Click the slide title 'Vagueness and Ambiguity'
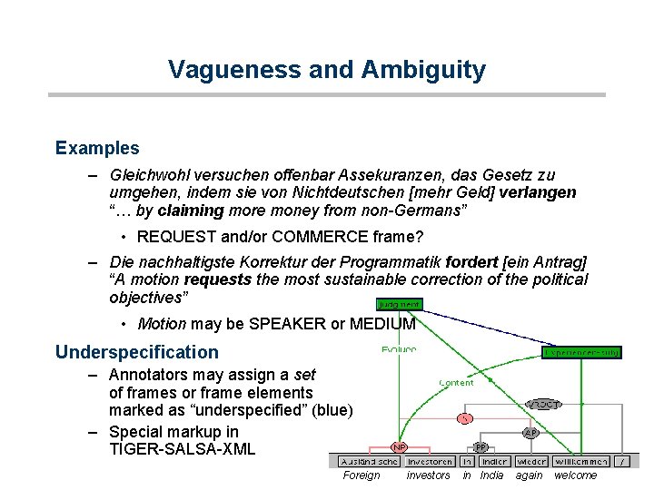pos(327,70)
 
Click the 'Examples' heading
pos(97,147)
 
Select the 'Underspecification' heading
pos(137,351)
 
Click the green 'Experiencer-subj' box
pos(582,351)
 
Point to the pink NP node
pos(399,446)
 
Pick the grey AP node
pos(530,433)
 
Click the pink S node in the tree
pos(465,418)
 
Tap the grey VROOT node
pos(542,404)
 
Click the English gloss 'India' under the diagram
pos(491,475)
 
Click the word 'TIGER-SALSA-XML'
pos(182,449)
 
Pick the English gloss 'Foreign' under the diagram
pos(362,475)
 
